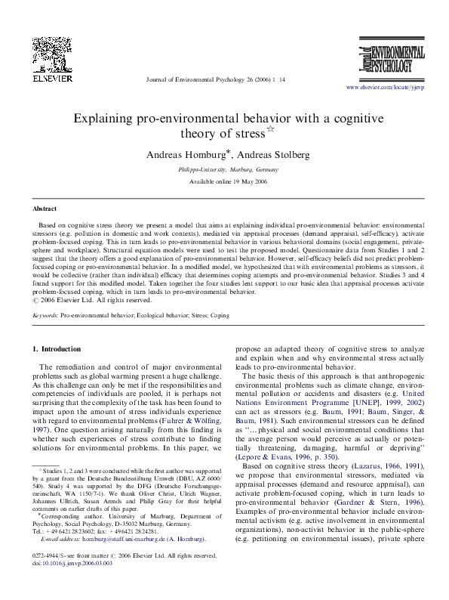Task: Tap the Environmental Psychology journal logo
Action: click(x=388, y=62)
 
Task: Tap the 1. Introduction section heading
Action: click(x=60, y=348)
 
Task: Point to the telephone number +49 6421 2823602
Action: click(x=66, y=531)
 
